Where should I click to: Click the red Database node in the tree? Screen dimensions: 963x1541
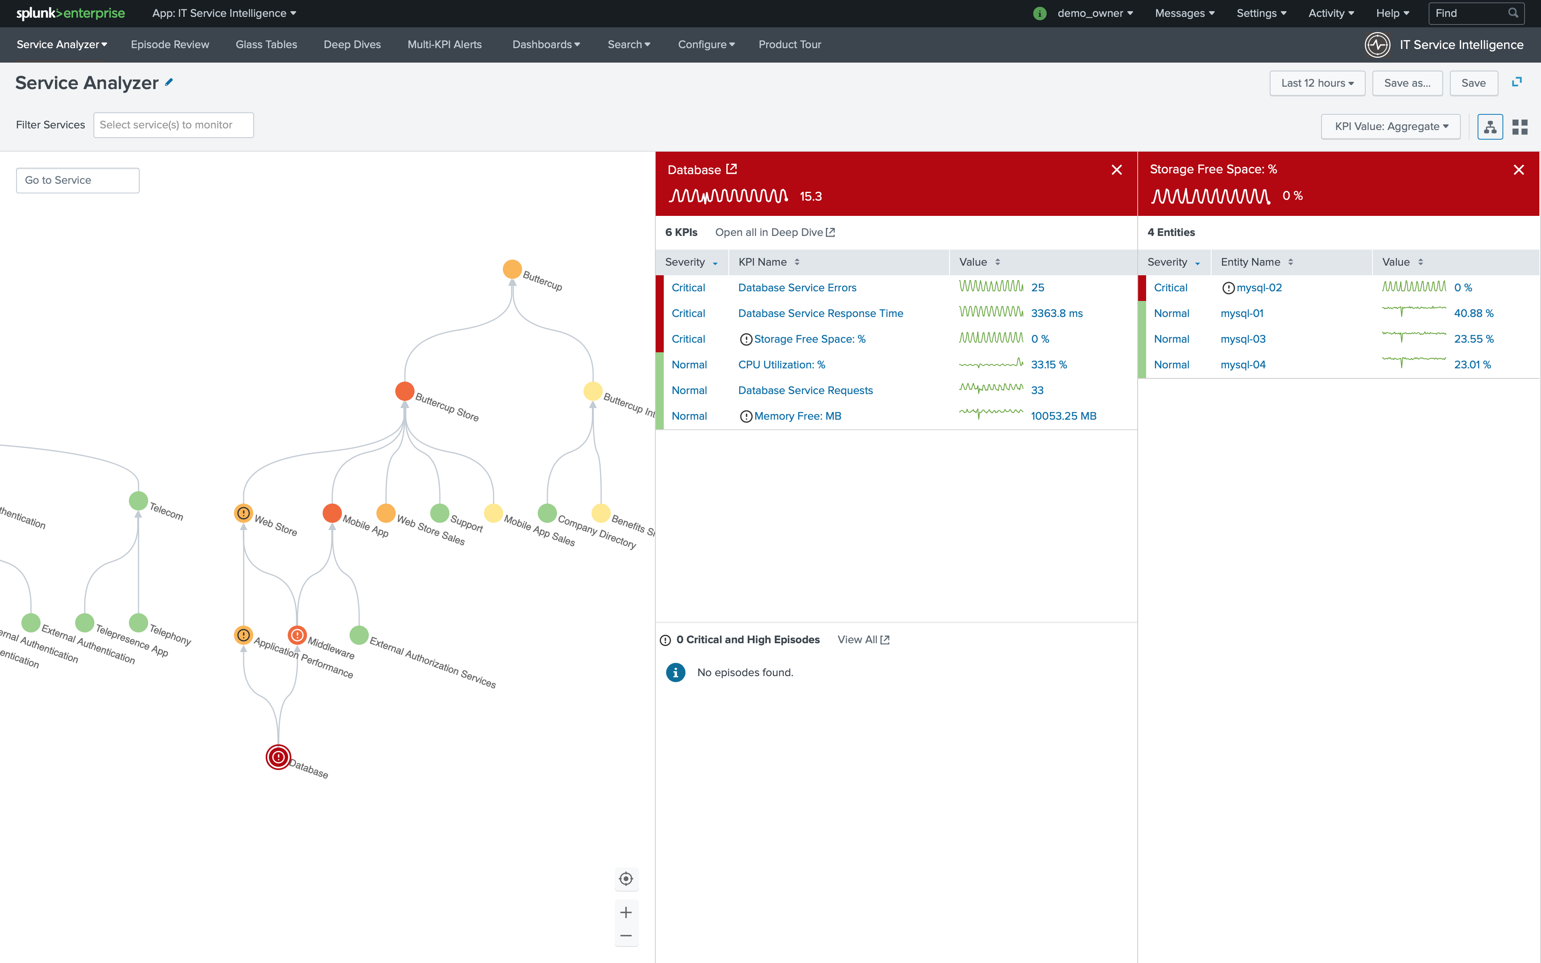click(x=278, y=757)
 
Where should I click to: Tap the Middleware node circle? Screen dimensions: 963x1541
click(x=297, y=635)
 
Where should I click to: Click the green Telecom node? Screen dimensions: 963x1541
click(x=138, y=501)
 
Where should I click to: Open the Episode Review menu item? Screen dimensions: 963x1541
click(x=169, y=45)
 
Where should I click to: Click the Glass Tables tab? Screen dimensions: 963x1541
click(x=266, y=45)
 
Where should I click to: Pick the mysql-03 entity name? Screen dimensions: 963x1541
click(x=1242, y=339)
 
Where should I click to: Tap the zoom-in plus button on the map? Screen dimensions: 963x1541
click(x=626, y=912)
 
